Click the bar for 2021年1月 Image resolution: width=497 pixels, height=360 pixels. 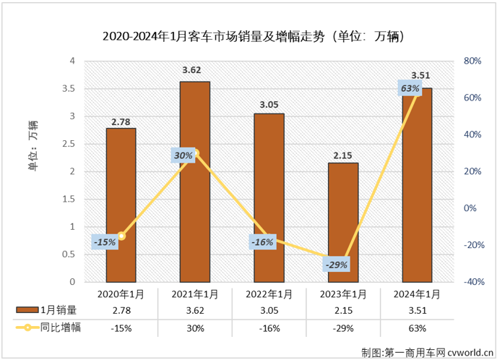(195, 181)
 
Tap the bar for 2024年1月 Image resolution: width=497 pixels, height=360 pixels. (418, 184)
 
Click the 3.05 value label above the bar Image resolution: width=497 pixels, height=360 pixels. (269, 105)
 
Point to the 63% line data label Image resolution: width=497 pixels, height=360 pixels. (410, 89)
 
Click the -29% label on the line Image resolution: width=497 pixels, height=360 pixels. (336, 265)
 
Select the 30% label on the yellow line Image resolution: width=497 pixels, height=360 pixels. (183, 155)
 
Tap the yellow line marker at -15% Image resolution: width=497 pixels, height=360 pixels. (121, 236)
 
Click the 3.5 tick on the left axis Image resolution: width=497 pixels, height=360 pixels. (70, 89)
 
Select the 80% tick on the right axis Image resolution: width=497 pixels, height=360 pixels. (472, 61)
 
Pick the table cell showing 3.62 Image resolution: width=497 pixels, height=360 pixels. (195, 311)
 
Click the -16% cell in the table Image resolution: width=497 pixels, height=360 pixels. (269, 327)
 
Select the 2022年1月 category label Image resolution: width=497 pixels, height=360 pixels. (269, 294)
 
